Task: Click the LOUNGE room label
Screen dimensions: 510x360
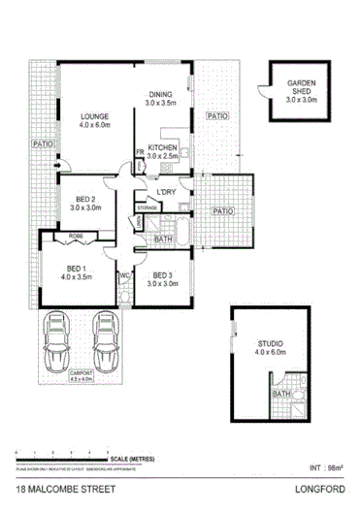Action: pos(94,115)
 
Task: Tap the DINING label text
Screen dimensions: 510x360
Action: pos(160,94)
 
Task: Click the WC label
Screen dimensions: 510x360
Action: pos(124,275)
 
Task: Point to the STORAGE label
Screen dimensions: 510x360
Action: pos(147,207)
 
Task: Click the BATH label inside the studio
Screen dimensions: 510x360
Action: pos(280,395)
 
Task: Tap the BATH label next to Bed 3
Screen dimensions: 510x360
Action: pos(164,239)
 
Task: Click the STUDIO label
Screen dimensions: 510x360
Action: pos(270,343)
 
